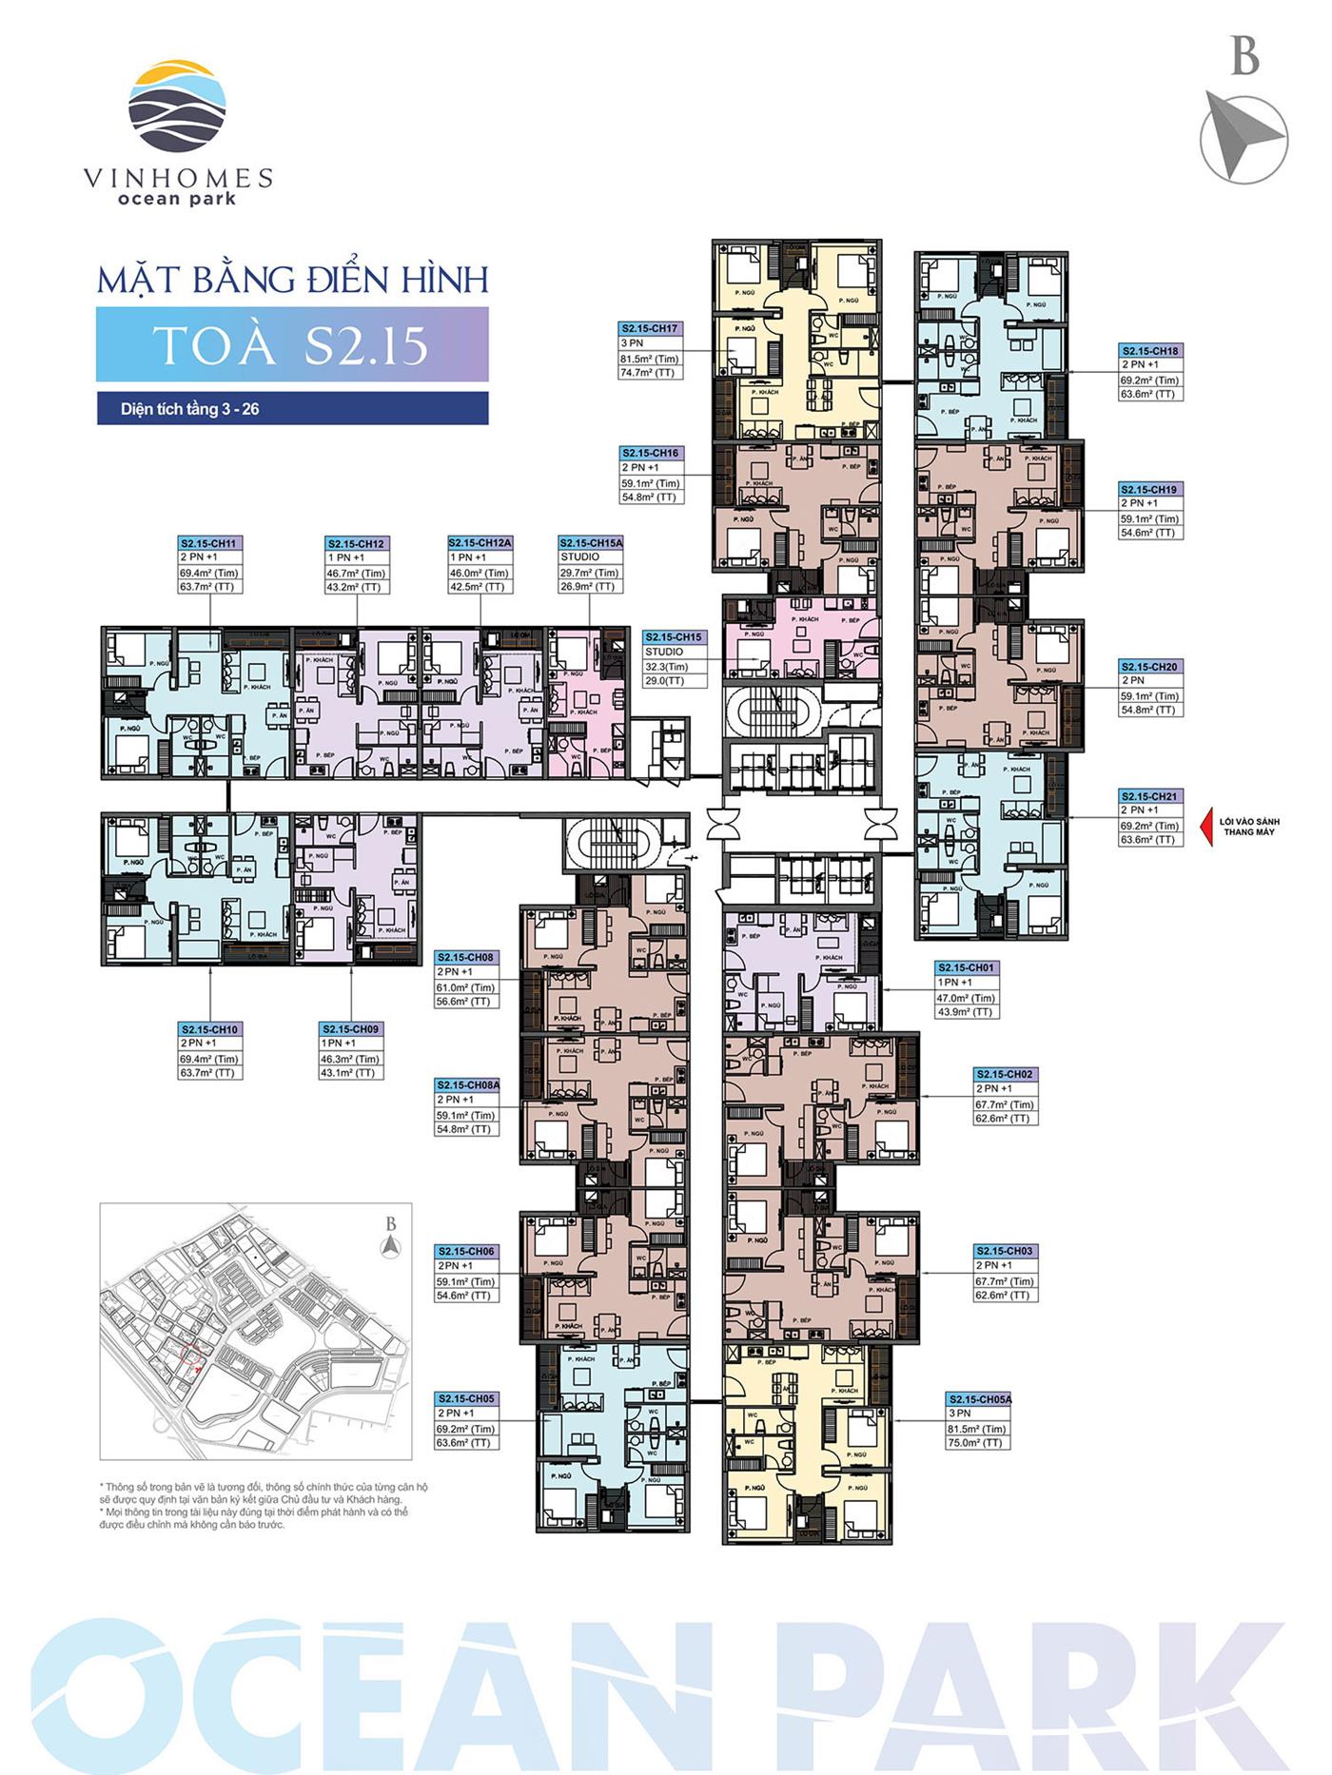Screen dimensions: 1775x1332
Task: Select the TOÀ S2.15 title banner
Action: click(x=292, y=344)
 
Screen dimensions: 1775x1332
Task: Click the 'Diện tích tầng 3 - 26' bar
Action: click(x=292, y=409)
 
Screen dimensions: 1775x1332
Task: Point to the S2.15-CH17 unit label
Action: click(x=651, y=328)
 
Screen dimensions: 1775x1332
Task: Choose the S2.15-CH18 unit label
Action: click(x=1150, y=351)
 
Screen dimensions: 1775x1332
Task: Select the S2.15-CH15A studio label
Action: click(x=591, y=543)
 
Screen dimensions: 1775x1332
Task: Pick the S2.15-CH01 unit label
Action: click(x=967, y=967)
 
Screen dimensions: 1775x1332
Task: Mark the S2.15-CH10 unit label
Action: click(x=210, y=1029)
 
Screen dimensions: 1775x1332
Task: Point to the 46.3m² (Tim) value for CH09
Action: click(x=351, y=1059)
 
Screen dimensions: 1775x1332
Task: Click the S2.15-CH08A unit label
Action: click(x=467, y=1084)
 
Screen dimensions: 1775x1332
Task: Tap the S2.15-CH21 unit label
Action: click(x=1150, y=796)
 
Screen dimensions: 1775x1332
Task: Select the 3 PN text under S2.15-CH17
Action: click(x=632, y=343)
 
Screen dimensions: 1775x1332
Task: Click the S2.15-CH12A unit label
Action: click(x=480, y=543)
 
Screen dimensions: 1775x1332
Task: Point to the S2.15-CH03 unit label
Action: click(x=1005, y=1251)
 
